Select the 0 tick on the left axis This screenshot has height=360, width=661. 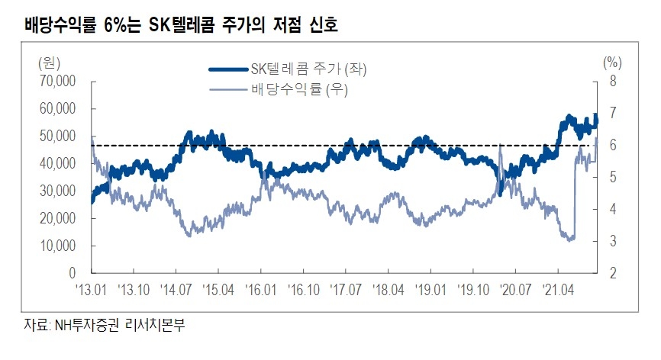click(73, 273)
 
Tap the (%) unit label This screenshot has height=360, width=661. click(612, 61)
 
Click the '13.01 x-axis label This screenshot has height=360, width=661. click(92, 290)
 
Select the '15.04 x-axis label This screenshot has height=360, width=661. click(218, 290)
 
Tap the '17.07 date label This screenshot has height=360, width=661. click(345, 290)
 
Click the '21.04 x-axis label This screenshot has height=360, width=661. click(557, 290)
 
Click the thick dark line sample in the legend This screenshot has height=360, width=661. click(229, 69)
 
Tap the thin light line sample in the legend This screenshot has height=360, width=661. click(229, 91)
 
